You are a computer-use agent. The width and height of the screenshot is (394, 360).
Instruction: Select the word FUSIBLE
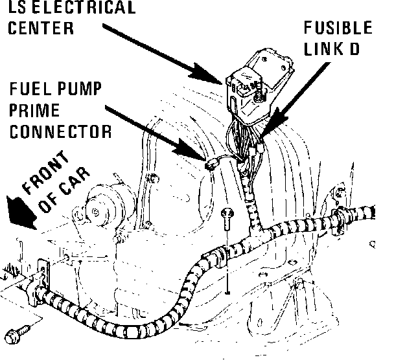(x=339, y=28)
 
